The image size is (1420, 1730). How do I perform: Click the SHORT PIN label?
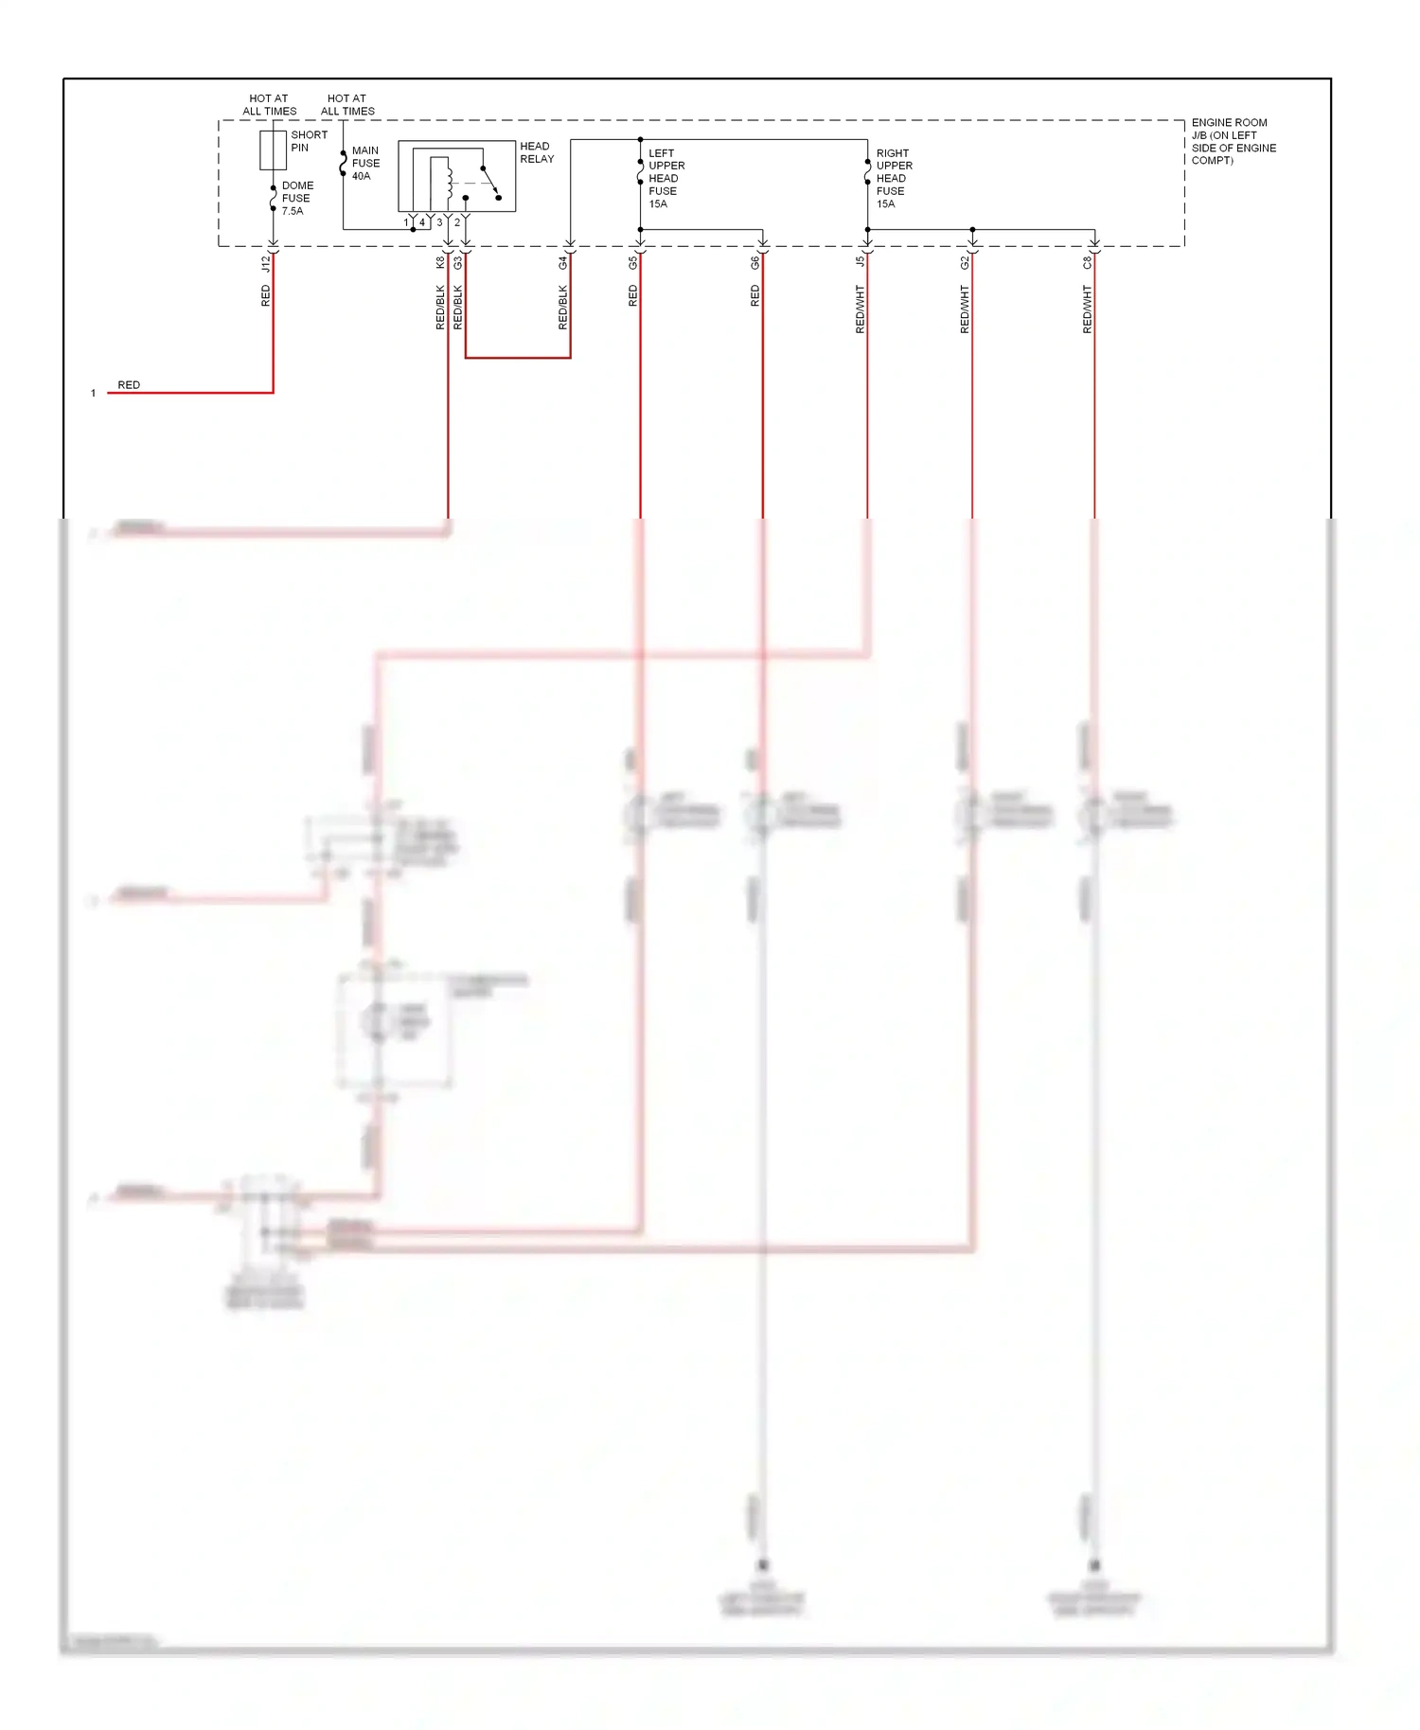309,141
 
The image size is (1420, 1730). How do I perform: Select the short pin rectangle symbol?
273,150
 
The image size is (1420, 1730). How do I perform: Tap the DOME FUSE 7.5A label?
296,199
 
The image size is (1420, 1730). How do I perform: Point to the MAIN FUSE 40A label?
365,163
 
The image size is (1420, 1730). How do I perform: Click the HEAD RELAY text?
537,152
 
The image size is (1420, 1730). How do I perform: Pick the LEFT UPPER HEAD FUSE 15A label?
666,178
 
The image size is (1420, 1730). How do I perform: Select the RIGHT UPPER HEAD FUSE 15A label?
894,178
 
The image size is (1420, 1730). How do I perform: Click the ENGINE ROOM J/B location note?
1233,141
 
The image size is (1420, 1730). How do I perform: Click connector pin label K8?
440,262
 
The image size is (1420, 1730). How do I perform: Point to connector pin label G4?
563,262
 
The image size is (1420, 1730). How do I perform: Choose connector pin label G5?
633,262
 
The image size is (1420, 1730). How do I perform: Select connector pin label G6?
755,262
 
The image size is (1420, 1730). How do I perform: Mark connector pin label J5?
861,262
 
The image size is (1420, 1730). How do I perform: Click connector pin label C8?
1088,262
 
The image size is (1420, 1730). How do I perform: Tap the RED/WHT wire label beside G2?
965,309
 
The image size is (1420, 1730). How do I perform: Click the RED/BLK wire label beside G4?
563,308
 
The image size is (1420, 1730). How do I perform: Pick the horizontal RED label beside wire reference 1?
129,385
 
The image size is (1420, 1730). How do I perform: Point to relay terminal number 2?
457,222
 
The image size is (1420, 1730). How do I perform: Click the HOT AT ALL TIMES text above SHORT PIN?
269,104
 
